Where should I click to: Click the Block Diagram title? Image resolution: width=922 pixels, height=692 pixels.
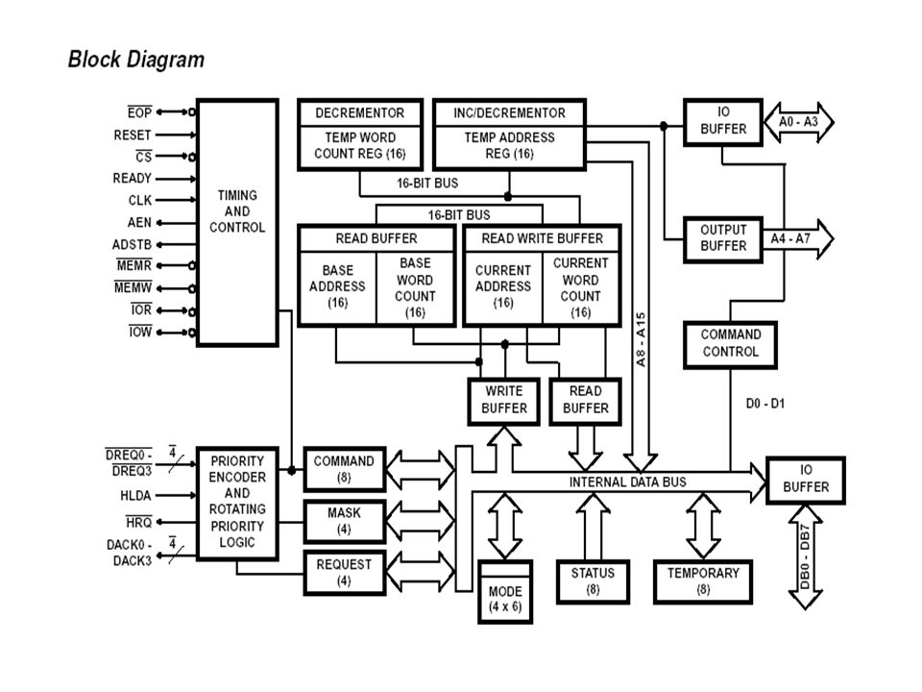135,60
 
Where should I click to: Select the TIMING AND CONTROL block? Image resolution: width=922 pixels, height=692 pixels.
237,222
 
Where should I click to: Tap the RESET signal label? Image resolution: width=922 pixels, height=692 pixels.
133,136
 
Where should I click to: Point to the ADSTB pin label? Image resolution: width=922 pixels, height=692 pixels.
132,244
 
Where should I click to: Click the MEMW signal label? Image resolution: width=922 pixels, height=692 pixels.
133,287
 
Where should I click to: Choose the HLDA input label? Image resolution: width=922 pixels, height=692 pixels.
135,496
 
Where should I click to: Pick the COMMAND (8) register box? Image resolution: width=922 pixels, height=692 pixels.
345,469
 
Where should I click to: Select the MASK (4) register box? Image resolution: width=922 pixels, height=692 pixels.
345,521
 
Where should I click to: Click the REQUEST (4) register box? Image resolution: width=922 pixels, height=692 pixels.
345,573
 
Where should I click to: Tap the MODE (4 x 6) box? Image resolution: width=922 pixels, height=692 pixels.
505,591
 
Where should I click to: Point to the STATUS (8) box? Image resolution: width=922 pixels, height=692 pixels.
593,581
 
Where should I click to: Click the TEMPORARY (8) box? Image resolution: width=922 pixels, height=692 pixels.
703,581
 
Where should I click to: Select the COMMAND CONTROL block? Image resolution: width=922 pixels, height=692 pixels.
730,345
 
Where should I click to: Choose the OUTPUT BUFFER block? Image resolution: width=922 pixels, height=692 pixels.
723,239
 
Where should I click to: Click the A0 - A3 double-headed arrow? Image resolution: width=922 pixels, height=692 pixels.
798,122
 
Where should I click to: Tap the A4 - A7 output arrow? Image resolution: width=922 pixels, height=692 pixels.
798,239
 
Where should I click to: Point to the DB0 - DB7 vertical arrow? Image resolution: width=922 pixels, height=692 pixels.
805,556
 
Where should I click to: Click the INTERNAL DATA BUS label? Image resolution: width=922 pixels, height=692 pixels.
627,482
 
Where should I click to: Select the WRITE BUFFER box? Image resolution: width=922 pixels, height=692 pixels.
504,401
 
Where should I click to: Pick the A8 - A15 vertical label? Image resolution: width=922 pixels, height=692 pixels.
641,339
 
